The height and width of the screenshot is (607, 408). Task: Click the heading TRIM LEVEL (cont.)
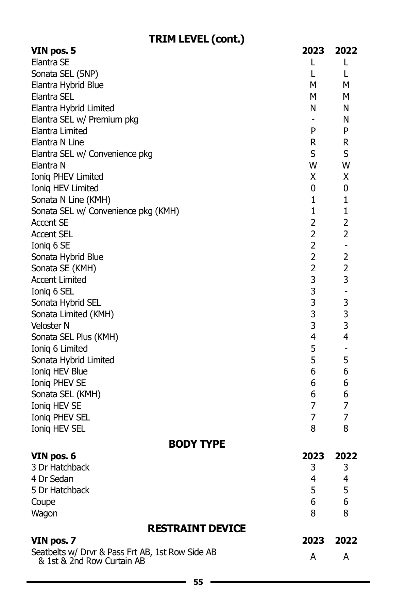(x=197, y=39)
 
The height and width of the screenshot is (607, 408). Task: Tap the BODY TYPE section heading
(x=197, y=444)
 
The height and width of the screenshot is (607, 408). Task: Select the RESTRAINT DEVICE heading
(x=197, y=528)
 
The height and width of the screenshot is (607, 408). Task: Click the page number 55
(x=198, y=582)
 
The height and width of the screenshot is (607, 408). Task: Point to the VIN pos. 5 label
(x=53, y=51)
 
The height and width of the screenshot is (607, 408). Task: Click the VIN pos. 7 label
(x=53, y=540)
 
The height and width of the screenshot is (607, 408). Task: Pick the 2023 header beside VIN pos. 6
(x=313, y=456)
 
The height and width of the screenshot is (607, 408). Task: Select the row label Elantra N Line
(x=57, y=142)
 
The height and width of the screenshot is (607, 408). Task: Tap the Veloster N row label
(x=50, y=326)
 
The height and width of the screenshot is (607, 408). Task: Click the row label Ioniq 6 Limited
(x=60, y=349)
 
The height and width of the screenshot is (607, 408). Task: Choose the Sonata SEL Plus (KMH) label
(x=75, y=337)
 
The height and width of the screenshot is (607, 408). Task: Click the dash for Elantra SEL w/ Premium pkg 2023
(x=313, y=120)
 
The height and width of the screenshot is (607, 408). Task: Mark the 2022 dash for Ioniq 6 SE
(x=346, y=246)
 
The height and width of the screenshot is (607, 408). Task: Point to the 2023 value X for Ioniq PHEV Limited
(x=313, y=177)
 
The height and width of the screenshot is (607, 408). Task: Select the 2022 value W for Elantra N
(x=346, y=165)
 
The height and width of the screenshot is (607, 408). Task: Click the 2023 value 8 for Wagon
(x=313, y=513)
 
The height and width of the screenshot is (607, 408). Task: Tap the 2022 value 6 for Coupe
(x=346, y=502)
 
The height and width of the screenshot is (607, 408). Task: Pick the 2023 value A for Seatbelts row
(x=313, y=557)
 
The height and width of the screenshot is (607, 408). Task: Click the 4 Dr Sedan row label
(x=52, y=479)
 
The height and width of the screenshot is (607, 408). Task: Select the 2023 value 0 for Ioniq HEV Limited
(x=313, y=188)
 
